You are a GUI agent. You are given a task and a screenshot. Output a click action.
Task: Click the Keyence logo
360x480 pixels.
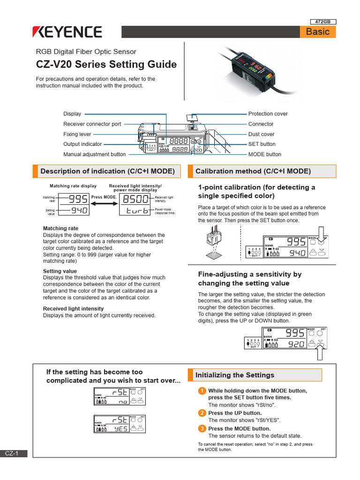click(x=67, y=32)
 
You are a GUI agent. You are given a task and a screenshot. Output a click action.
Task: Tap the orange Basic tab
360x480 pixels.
click(x=318, y=32)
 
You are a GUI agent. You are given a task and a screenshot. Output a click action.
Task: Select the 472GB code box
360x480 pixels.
click(x=323, y=22)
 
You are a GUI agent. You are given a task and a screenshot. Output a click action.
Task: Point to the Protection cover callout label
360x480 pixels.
click(x=268, y=114)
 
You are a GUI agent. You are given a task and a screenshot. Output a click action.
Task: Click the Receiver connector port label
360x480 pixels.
click(x=92, y=124)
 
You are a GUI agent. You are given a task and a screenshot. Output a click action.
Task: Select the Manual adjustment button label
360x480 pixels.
click(x=94, y=154)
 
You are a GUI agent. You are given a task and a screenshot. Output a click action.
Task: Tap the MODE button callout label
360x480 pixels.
click(x=264, y=154)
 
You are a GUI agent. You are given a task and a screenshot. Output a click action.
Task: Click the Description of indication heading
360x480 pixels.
click(x=107, y=172)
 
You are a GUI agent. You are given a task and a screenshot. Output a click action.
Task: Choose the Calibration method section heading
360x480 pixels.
click(x=253, y=172)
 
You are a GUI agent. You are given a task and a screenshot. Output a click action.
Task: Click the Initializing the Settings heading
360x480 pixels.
click(x=234, y=375)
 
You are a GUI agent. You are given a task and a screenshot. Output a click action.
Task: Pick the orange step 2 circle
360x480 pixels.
click(x=202, y=413)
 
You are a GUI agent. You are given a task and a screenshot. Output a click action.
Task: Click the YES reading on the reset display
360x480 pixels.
click(x=120, y=428)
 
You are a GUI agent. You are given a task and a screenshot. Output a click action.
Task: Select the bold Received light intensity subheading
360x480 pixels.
click(x=73, y=308)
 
